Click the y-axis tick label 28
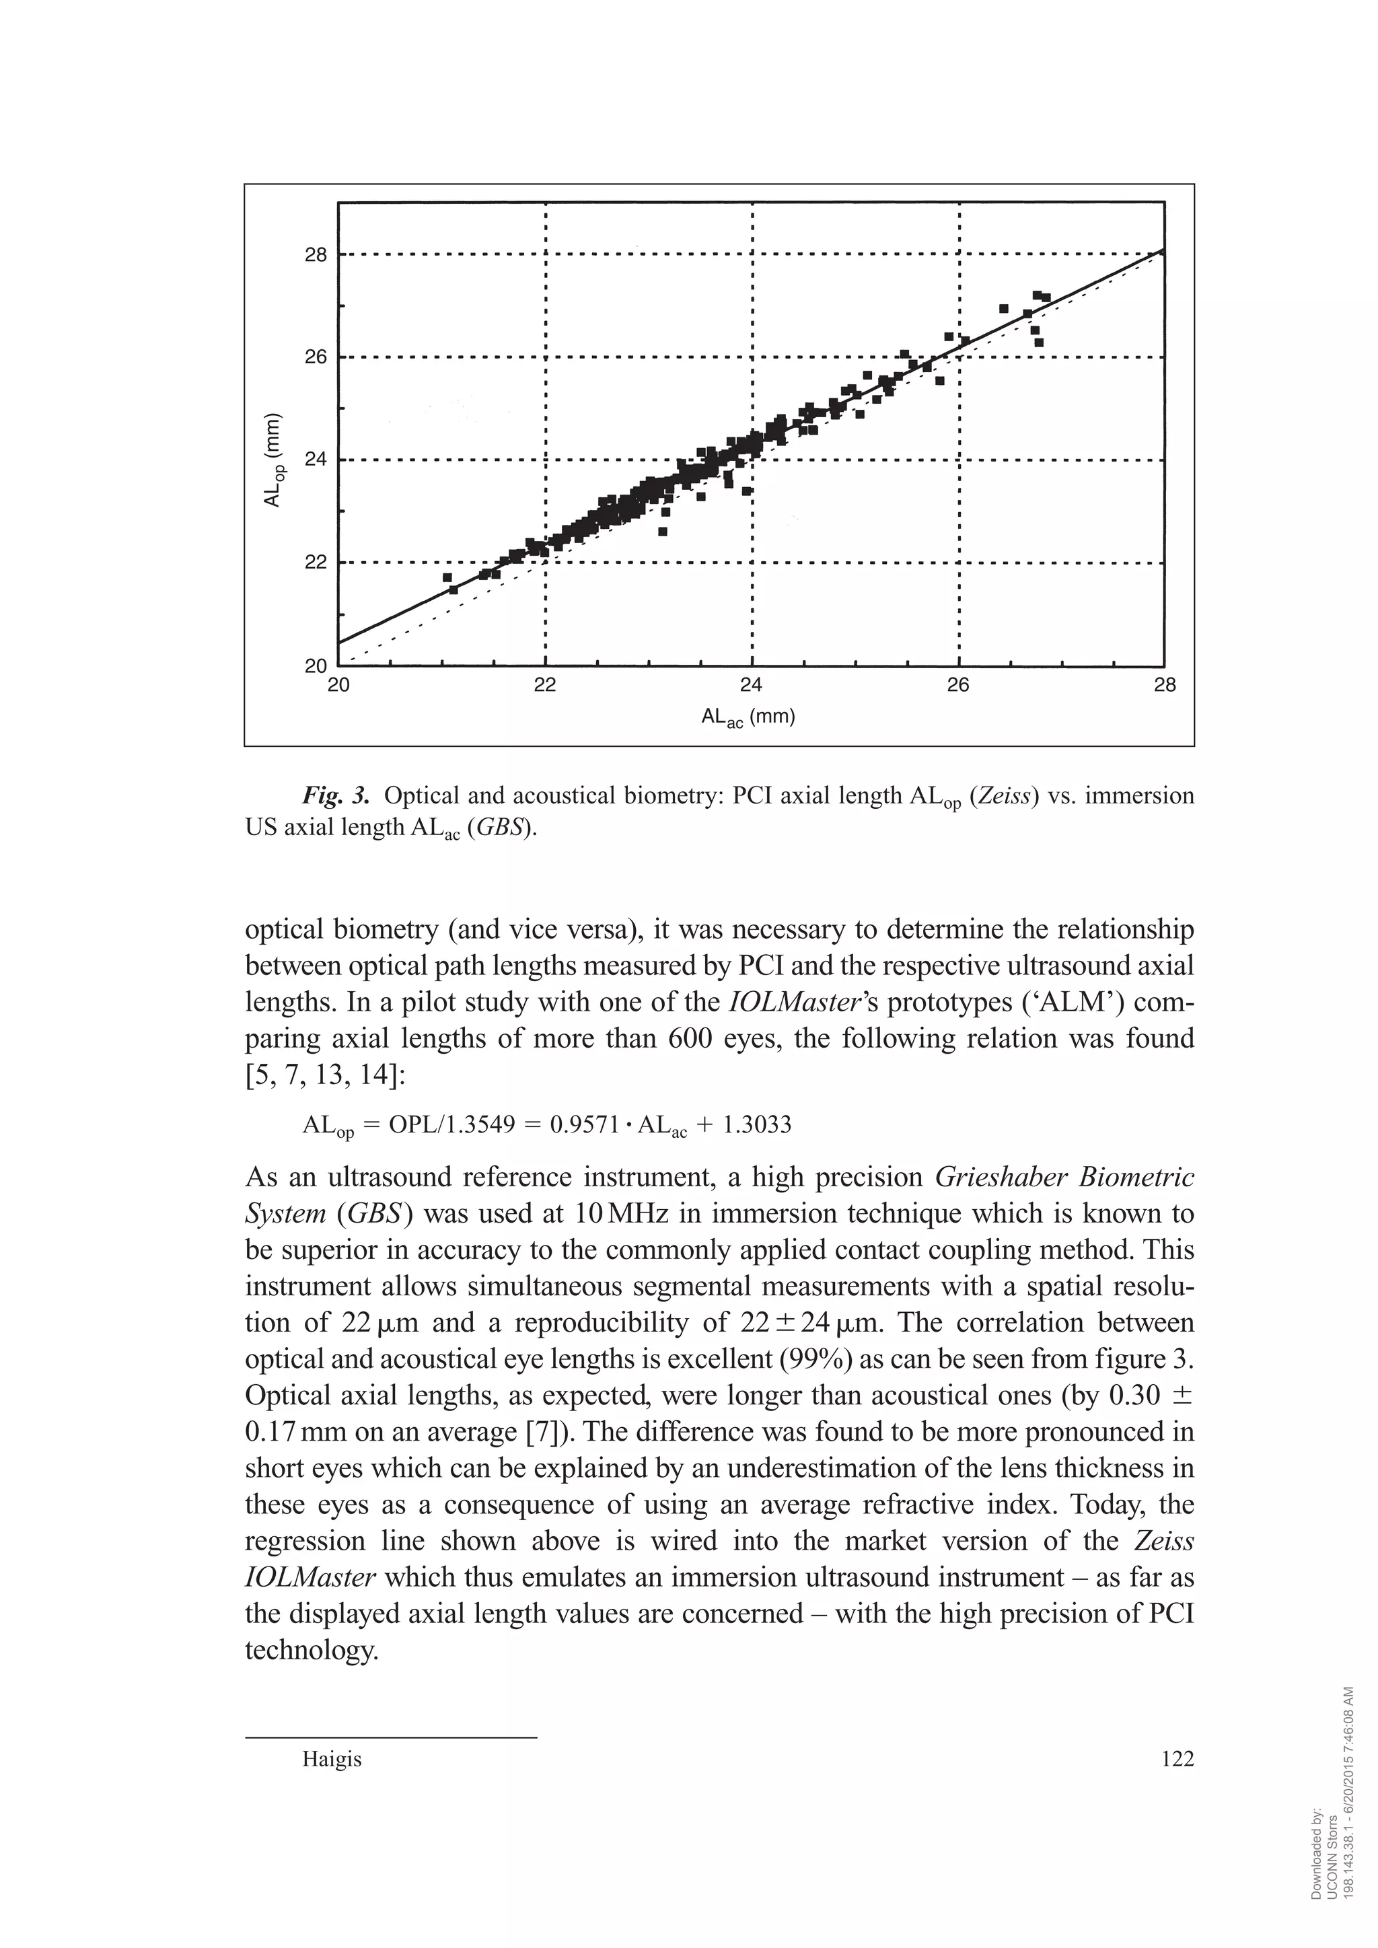pos(316,254)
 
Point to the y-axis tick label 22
pos(316,563)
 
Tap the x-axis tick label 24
pos(751,686)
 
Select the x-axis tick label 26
pos(958,686)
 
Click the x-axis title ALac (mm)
pos(748,718)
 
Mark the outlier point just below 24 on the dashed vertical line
pos(747,491)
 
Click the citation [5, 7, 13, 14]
pos(325,1075)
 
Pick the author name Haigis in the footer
pos(332,1760)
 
